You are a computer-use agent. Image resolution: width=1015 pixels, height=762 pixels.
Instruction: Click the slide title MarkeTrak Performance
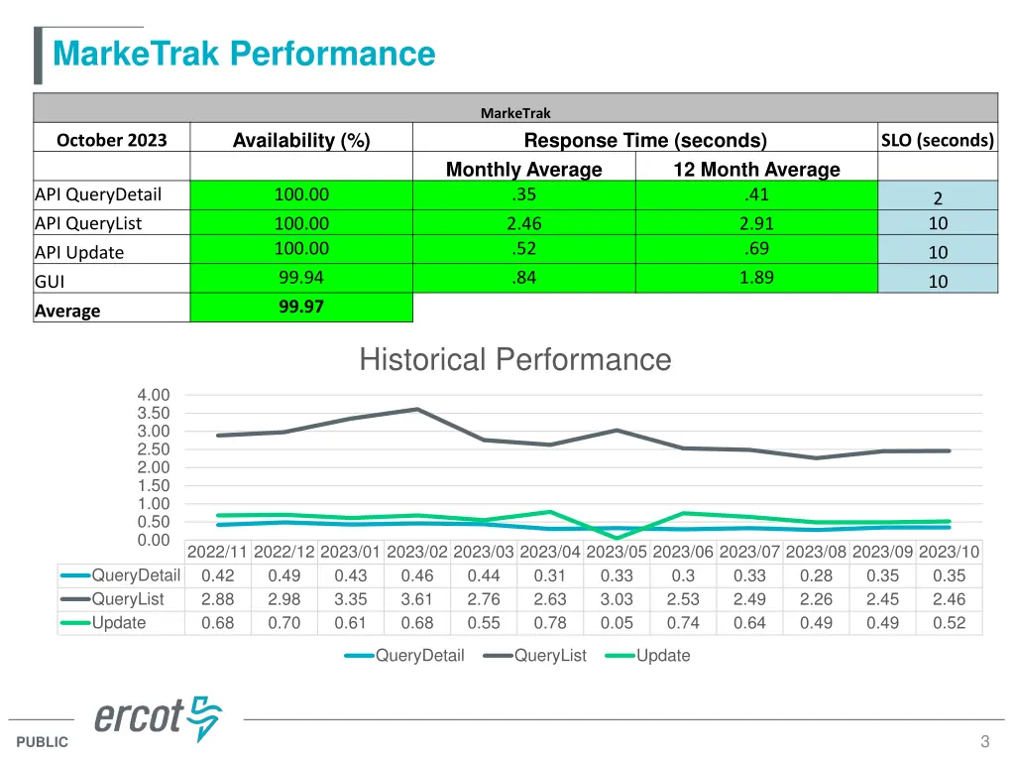(244, 53)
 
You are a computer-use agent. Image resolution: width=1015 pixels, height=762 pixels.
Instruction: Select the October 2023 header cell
(111, 140)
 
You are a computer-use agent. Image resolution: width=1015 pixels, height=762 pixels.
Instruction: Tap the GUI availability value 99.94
(301, 278)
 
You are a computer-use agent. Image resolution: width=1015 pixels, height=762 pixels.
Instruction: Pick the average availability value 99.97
(301, 308)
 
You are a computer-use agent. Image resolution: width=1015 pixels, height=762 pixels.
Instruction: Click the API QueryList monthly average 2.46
(523, 224)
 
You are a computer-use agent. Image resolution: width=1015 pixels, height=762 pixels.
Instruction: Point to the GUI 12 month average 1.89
(756, 278)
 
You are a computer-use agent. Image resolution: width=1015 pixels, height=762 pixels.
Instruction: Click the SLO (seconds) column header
(937, 140)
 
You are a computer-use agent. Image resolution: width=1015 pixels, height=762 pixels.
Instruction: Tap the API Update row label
(79, 252)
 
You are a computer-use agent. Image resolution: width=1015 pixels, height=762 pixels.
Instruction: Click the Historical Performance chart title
(514, 359)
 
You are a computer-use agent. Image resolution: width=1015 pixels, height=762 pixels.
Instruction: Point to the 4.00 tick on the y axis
(154, 395)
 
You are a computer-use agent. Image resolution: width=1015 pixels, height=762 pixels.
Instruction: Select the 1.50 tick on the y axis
(154, 485)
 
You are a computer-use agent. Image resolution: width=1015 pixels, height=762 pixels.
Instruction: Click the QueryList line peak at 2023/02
(417, 409)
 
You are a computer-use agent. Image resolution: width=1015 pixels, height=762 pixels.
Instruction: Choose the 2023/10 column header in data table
(949, 553)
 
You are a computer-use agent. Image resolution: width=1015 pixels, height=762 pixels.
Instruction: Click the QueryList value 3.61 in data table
(417, 599)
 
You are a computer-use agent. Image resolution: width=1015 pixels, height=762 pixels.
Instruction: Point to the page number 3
(984, 741)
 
